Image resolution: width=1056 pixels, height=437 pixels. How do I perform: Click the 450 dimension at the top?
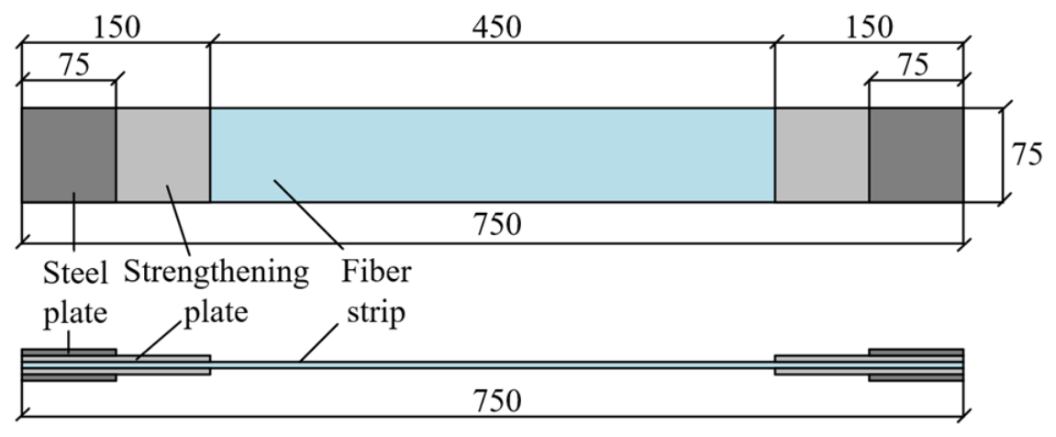click(x=496, y=27)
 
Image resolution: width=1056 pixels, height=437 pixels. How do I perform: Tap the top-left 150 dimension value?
click(x=117, y=27)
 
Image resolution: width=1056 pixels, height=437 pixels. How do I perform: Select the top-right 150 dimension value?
click(x=869, y=27)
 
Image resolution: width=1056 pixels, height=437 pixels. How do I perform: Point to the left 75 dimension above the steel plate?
click(x=73, y=65)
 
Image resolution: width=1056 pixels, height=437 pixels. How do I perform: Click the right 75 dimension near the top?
click(x=913, y=65)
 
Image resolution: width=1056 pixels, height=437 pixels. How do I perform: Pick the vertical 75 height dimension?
click(x=1027, y=154)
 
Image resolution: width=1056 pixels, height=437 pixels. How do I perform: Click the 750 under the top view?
click(x=497, y=225)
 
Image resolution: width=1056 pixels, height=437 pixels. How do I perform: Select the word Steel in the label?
click(x=74, y=274)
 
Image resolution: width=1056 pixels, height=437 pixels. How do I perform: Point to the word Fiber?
click(x=376, y=272)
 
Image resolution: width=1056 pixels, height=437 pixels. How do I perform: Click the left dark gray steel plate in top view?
click(x=69, y=154)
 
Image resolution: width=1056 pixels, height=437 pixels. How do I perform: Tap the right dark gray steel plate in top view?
click(x=916, y=154)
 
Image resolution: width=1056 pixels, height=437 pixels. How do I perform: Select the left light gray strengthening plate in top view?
click(x=163, y=154)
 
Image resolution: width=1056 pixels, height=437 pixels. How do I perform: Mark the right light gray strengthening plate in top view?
click(x=822, y=154)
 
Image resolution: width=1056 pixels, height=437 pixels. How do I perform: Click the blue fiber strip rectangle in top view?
click(x=493, y=154)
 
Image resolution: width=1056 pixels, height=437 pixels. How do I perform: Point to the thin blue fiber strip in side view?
click(x=493, y=364)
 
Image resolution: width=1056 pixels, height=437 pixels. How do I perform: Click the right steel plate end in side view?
click(x=916, y=364)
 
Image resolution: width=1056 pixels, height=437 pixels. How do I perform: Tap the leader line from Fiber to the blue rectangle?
click(x=307, y=212)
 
